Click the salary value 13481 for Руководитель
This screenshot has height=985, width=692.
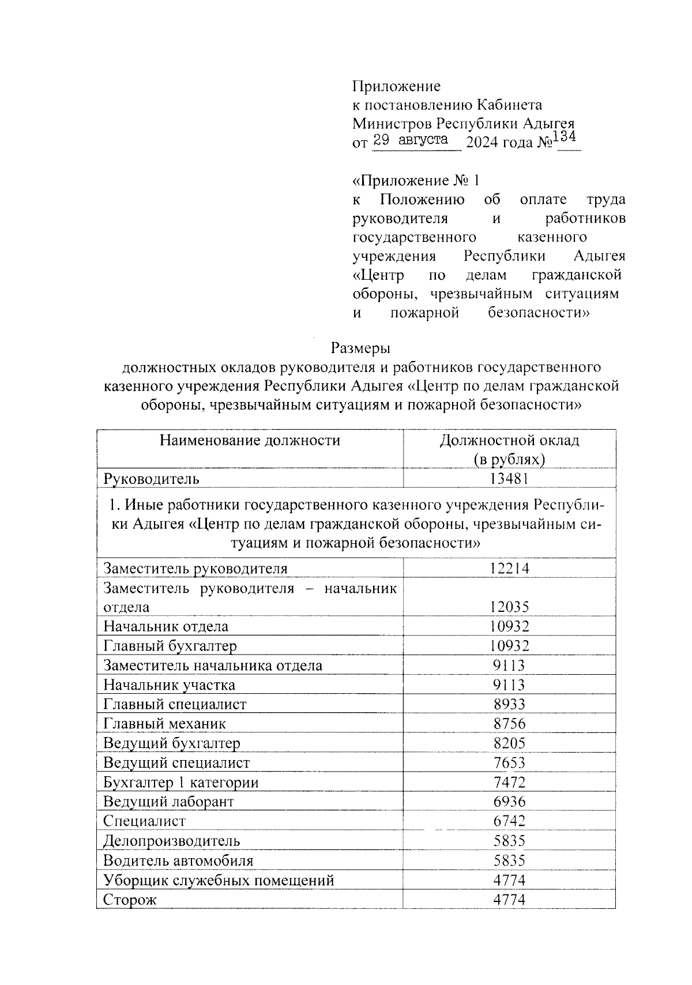tap(509, 478)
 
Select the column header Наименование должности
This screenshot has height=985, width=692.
tap(250, 441)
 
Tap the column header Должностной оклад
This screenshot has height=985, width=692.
tap(509, 441)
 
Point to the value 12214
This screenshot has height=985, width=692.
tap(509, 569)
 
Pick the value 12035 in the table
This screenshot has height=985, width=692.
tap(509, 607)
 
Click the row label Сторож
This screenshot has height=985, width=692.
tap(130, 900)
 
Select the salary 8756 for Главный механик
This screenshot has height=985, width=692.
tap(509, 723)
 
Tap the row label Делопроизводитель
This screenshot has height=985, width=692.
tap(171, 841)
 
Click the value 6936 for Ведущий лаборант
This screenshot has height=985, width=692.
tap(509, 801)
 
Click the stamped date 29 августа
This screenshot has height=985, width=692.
tap(411, 140)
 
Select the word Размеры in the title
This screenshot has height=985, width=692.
tap(360, 348)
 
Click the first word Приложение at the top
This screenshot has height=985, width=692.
tap(396, 87)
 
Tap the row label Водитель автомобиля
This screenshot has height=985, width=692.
tap(178, 860)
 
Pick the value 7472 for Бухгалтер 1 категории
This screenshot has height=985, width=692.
tap(509, 783)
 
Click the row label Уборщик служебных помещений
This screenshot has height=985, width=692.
tap(219, 880)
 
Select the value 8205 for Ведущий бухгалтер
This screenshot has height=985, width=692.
tap(509, 743)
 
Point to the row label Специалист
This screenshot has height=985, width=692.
tap(144, 821)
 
